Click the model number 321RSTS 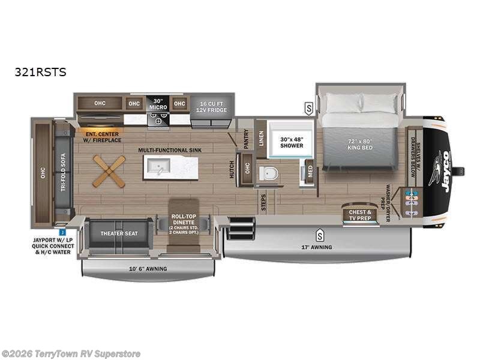pyautogui.click(x=41, y=73)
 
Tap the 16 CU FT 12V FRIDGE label pyautogui.click(x=212, y=107)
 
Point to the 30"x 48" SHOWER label pyautogui.click(x=292, y=142)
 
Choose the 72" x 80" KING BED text pyautogui.click(x=360, y=144)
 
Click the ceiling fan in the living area pyautogui.click(x=109, y=171)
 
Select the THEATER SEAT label pyautogui.click(x=115, y=233)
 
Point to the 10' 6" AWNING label pyautogui.click(x=147, y=268)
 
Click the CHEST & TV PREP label pyautogui.click(x=360, y=215)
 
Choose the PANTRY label pyautogui.click(x=246, y=140)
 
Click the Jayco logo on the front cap pyautogui.click(x=445, y=172)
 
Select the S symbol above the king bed pyautogui.click(x=308, y=108)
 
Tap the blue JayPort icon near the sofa pyautogui.click(x=62, y=230)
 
